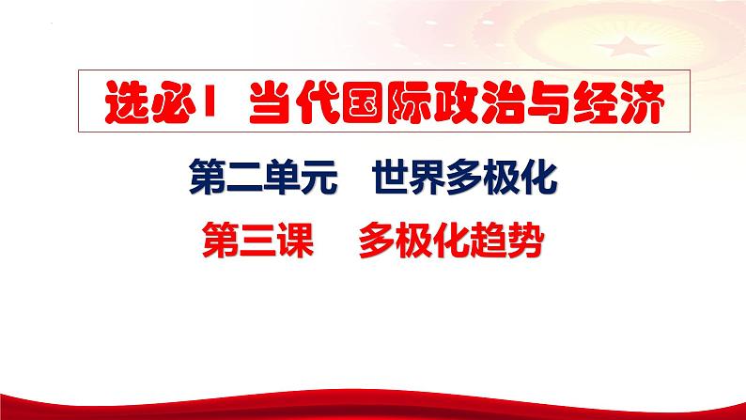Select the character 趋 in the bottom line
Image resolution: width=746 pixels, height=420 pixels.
(490, 243)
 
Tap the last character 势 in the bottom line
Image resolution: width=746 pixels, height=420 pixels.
(527, 243)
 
